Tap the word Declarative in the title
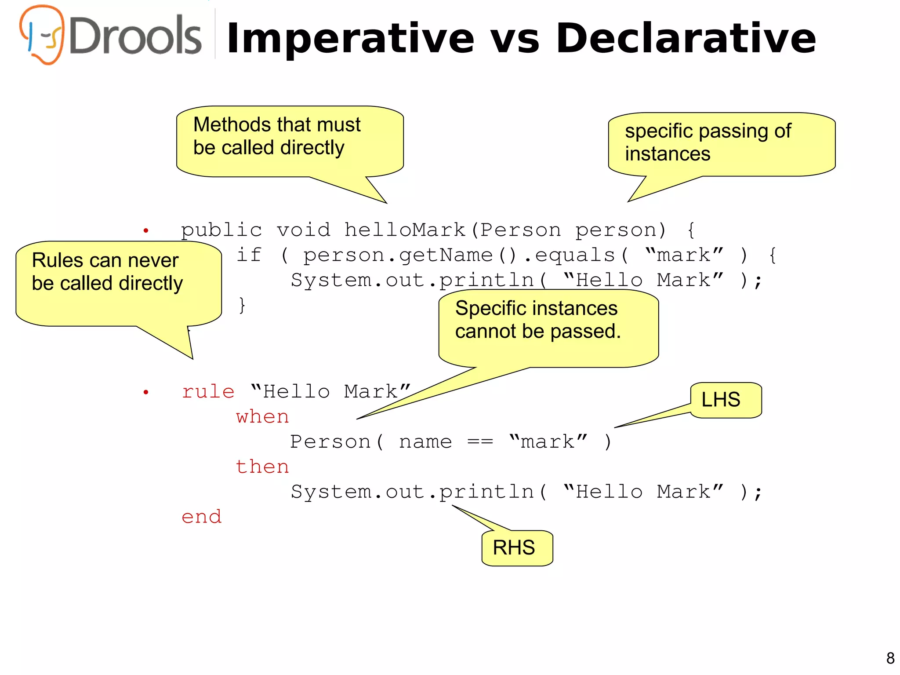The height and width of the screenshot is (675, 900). click(686, 39)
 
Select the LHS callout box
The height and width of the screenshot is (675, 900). click(726, 400)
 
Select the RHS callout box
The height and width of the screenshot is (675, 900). click(517, 548)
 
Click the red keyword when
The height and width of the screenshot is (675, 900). click(262, 416)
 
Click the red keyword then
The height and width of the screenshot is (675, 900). click(262, 467)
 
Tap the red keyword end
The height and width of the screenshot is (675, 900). click(201, 517)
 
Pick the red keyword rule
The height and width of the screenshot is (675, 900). click(208, 391)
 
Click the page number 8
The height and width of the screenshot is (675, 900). click(890, 658)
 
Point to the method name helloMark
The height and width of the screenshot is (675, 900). click(405, 230)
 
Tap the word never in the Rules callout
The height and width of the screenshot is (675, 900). click(153, 260)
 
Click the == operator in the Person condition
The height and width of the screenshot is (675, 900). click(480, 441)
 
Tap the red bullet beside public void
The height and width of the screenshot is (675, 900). click(146, 230)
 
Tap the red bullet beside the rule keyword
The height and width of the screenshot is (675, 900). click(146, 392)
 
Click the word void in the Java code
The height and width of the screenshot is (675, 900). click(303, 230)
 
